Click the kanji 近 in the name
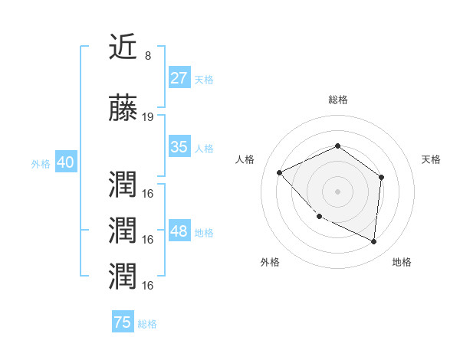click(x=123, y=47)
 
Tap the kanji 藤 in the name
click(x=123, y=110)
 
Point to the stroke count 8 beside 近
click(x=147, y=56)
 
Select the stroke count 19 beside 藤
click(x=148, y=117)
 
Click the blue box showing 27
click(x=179, y=78)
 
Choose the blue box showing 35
click(x=179, y=147)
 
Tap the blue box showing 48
click(x=179, y=231)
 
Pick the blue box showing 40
click(x=65, y=162)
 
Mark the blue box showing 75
click(x=123, y=322)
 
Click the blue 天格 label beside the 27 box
click(x=204, y=79)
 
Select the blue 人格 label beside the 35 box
click(x=204, y=148)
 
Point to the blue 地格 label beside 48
click(x=204, y=232)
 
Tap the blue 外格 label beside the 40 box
click(x=41, y=163)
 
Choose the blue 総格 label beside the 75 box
click(x=147, y=323)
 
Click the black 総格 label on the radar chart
click(x=338, y=100)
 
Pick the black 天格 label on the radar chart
click(x=431, y=159)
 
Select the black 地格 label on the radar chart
click(x=402, y=262)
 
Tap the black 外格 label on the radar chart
click(x=270, y=262)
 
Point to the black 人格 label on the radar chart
click(x=245, y=159)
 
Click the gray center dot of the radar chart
click(x=337, y=191)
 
